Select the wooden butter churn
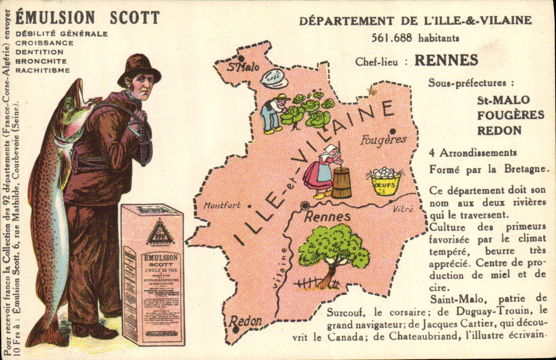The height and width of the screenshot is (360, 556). coord(341,182)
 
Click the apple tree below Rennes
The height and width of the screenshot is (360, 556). coord(333,250)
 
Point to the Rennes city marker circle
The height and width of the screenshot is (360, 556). coord(305,205)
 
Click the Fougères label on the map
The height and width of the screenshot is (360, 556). coord(383,140)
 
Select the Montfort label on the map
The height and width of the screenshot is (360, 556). coord(222,205)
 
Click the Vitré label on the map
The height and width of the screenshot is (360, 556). coord(403,209)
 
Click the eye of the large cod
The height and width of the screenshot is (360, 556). coord(69,105)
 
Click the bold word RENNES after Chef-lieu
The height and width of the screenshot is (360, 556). coord(446,61)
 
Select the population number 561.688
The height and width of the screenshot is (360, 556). coord(392,38)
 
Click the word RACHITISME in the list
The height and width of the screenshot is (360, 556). coord(43,70)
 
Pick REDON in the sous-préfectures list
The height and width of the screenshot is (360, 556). coord(499,130)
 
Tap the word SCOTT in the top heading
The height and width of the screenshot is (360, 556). coord(135,18)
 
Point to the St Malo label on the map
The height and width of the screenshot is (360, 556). coord(243,67)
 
